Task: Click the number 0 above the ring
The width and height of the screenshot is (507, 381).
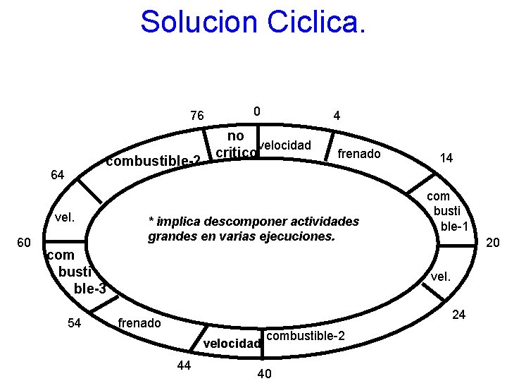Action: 257,111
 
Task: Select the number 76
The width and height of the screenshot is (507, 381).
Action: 197,116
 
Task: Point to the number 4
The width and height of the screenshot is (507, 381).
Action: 337,116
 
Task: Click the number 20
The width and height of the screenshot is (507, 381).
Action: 493,243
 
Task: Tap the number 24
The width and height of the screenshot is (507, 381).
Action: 458,315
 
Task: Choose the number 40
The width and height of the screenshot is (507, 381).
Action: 265,373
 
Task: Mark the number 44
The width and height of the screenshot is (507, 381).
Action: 184,365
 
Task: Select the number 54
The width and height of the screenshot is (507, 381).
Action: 74,323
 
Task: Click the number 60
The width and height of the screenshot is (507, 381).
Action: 23,243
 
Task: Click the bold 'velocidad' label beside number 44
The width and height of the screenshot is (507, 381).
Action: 232,344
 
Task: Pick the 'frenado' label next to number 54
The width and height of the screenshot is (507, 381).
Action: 139,323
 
